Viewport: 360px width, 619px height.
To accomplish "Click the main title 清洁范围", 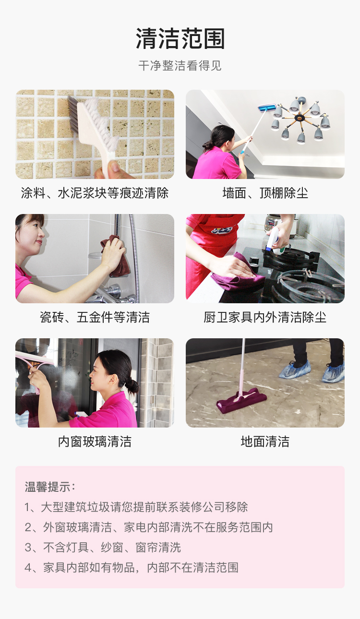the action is coord(180,38).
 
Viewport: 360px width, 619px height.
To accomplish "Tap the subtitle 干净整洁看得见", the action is coord(180,66).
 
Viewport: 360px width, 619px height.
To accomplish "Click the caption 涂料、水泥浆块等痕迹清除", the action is coord(95,193).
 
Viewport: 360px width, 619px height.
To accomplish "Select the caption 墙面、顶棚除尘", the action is coord(265,193).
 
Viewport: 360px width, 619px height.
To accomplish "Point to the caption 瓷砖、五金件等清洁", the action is coord(95,317).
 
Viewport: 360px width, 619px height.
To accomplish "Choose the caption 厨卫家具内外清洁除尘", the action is coord(265,317).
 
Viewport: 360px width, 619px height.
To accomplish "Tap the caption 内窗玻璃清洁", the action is coord(95,441).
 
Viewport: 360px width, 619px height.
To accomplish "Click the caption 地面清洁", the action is coord(265,441).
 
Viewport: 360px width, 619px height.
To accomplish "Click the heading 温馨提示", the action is coord(50,487).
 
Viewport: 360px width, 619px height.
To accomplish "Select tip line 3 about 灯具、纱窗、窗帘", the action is coord(103,548).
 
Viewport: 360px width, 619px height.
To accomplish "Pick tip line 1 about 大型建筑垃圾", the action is coord(136,507).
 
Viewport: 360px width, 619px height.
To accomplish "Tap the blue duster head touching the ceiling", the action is coord(267,107).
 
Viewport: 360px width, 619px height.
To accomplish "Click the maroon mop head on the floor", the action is coord(241,400).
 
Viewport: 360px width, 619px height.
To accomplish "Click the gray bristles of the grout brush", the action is coord(73,114).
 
